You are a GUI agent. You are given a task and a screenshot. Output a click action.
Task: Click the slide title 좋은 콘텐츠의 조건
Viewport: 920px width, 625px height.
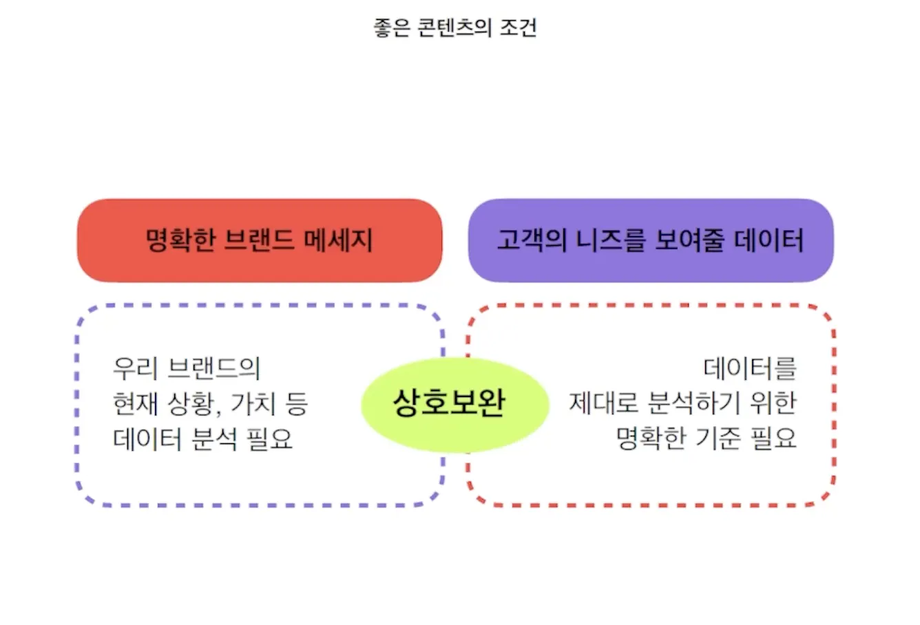click(x=454, y=28)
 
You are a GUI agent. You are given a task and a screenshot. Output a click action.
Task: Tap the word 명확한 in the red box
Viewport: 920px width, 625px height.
click(x=180, y=240)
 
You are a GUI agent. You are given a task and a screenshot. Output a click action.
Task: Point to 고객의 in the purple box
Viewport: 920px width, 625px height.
click(x=532, y=240)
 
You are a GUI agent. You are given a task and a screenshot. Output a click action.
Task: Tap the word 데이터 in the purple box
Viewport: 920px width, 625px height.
click(x=769, y=240)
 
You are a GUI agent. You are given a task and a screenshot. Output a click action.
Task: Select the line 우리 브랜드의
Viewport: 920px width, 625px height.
click(x=187, y=368)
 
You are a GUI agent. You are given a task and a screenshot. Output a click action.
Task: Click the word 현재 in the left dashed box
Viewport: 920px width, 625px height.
click(x=136, y=403)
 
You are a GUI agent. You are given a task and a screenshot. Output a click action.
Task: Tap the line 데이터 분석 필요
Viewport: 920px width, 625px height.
click(x=202, y=438)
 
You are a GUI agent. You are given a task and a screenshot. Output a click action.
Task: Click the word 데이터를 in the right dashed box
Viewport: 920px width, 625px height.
click(x=750, y=368)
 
